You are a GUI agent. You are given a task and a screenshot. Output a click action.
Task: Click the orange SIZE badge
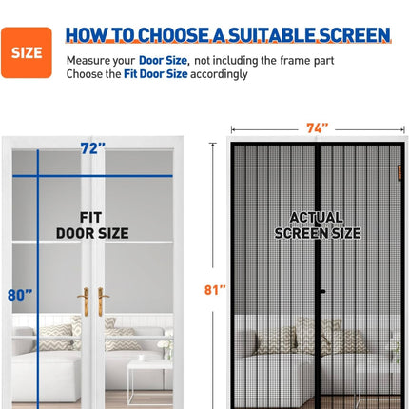[27, 52]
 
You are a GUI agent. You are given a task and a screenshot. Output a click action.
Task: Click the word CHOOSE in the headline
[173, 35]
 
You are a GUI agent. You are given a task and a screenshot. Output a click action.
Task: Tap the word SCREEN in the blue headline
[355, 35]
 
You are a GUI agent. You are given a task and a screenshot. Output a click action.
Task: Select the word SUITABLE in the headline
[272, 35]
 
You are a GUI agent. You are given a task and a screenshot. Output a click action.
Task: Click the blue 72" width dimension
[92, 148]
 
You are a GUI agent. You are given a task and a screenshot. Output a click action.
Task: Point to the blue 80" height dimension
[20, 295]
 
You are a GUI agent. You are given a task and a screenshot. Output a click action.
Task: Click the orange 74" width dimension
[317, 128]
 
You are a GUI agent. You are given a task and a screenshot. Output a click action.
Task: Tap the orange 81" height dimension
[215, 290]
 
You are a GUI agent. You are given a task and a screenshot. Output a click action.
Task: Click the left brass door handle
[84, 302]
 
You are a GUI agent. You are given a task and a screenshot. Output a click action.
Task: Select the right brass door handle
[102, 302]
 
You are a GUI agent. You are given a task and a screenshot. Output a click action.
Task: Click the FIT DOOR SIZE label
[92, 225]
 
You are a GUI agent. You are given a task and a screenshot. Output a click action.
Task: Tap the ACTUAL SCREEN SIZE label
[318, 225]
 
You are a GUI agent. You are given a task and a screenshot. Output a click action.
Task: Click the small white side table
[150, 380]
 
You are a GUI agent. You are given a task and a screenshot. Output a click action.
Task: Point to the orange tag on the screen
[399, 173]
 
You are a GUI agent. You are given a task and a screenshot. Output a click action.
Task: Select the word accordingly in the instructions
[219, 74]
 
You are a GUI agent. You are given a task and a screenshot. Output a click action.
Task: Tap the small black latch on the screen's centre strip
[322, 291]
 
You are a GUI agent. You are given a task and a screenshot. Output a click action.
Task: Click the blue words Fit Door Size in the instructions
[156, 74]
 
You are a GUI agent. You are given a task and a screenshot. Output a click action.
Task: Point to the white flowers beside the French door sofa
[166, 344]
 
